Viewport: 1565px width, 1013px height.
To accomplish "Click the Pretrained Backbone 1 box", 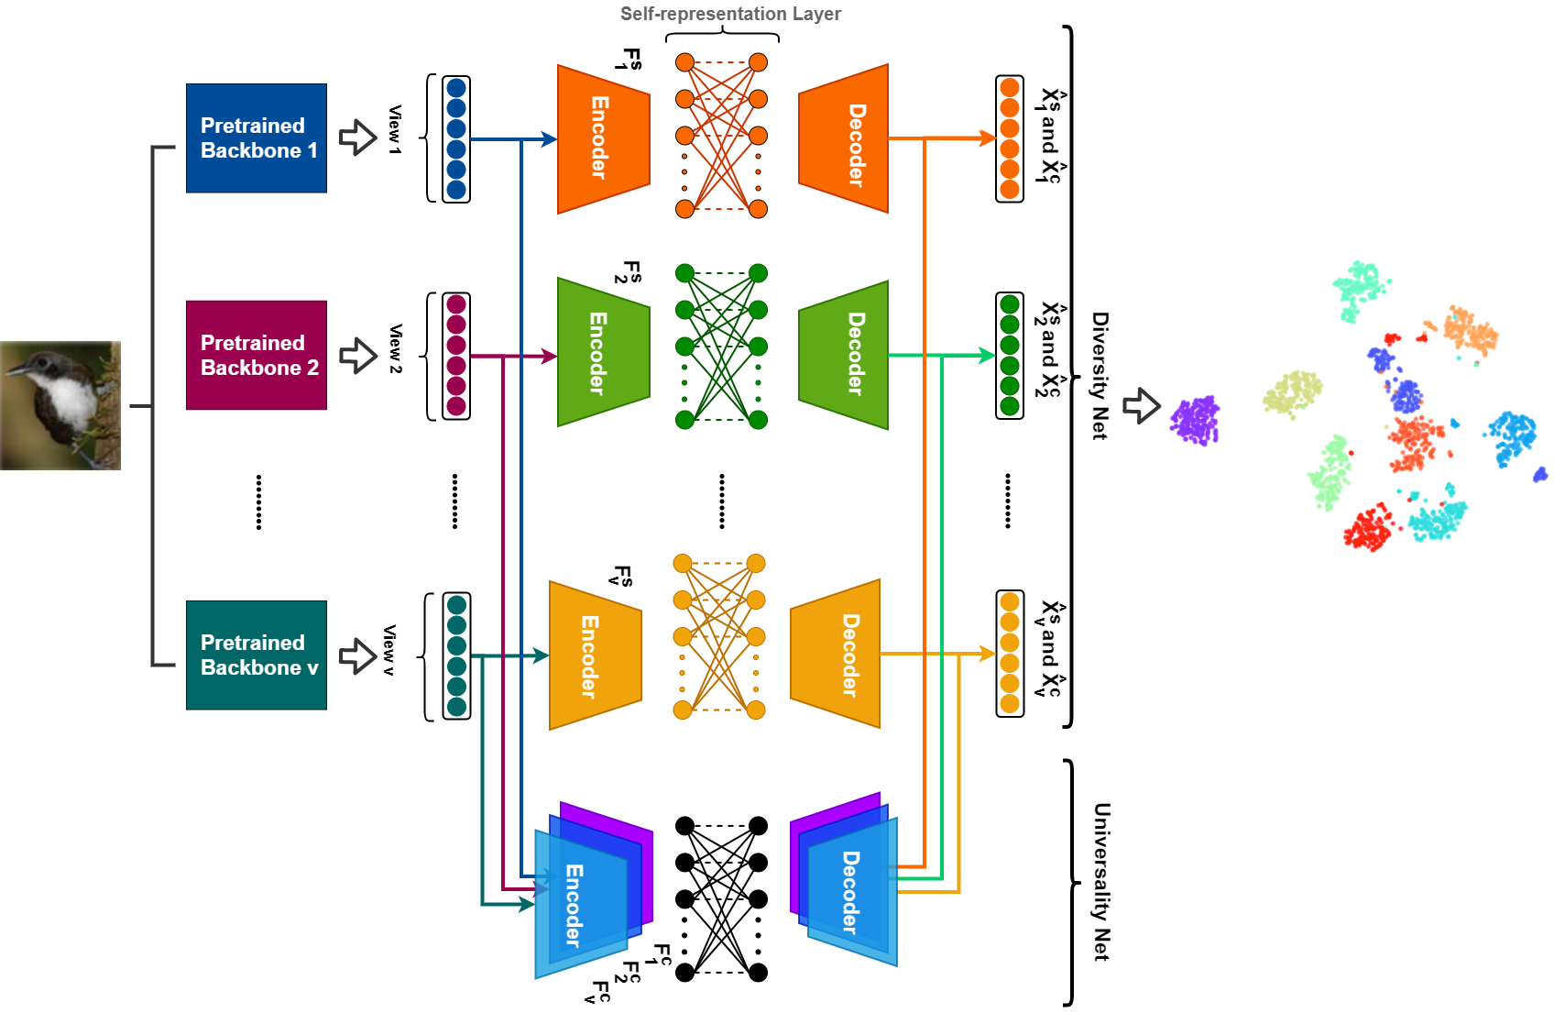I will (x=257, y=138).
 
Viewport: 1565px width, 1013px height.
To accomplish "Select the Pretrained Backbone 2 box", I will (x=257, y=355).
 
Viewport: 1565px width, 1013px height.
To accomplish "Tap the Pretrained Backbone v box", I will (x=257, y=655).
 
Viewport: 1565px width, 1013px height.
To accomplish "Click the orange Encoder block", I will (x=603, y=138).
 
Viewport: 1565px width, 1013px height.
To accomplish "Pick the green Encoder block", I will (x=603, y=353).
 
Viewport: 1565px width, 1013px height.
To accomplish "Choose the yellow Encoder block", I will (x=595, y=655).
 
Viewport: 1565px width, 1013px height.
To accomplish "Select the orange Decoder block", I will (x=844, y=139).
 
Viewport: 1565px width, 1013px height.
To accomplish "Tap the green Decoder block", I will (x=844, y=355).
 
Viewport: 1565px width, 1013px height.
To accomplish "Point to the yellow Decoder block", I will (x=836, y=654).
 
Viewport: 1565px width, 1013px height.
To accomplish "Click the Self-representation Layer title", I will (x=730, y=14).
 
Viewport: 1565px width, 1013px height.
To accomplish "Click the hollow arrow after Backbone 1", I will (x=358, y=138).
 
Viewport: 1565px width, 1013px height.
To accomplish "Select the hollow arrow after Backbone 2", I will (x=358, y=356).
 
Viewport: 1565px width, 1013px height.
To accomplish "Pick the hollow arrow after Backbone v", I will (x=358, y=655).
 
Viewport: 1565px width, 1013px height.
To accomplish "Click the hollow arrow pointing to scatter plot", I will (x=1142, y=405).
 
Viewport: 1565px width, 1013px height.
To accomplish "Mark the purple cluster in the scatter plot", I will (x=1195, y=421).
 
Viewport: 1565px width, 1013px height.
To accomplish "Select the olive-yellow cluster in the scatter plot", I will (x=1292, y=393).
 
